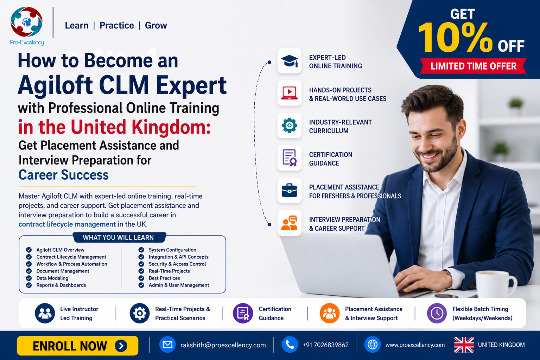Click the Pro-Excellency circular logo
click(x=26, y=22)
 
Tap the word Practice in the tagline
click(x=117, y=25)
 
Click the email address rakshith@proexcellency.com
click(x=223, y=345)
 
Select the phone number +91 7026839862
click(x=325, y=345)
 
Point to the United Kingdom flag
click(x=464, y=345)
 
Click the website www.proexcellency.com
click(x=415, y=345)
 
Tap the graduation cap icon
click(x=289, y=61)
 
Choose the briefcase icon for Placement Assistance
click(x=289, y=190)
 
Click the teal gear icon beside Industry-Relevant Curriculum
click(x=289, y=125)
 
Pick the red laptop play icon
click(x=289, y=93)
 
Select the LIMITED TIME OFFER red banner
click(x=473, y=66)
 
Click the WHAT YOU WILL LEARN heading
click(x=118, y=238)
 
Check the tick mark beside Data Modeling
click(x=29, y=278)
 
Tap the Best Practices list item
click(x=164, y=278)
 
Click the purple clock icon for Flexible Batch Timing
click(x=437, y=313)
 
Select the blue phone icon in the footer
click(x=290, y=345)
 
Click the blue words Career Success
click(x=64, y=175)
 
